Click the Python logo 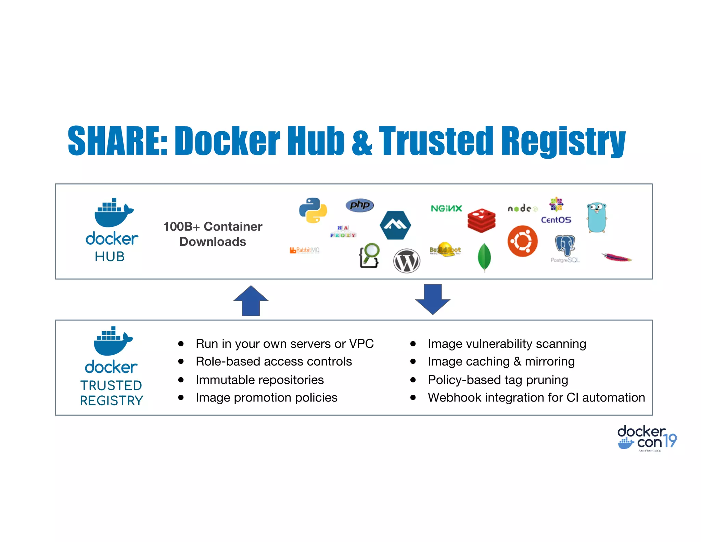click(x=313, y=210)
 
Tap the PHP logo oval click(x=359, y=205)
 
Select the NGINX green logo click(x=446, y=208)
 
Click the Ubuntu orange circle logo click(x=522, y=241)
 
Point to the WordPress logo click(x=406, y=261)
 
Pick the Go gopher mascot click(x=597, y=217)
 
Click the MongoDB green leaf click(x=484, y=257)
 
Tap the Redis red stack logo click(x=481, y=220)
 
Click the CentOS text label click(x=556, y=220)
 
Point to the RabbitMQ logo click(x=304, y=250)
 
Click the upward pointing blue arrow click(x=251, y=300)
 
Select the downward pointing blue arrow click(x=433, y=299)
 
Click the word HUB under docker click(x=110, y=256)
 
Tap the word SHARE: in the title click(x=117, y=140)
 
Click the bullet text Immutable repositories click(x=259, y=380)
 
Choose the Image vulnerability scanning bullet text click(x=507, y=344)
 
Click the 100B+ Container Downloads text click(x=213, y=234)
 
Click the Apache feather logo click(x=616, y=257)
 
